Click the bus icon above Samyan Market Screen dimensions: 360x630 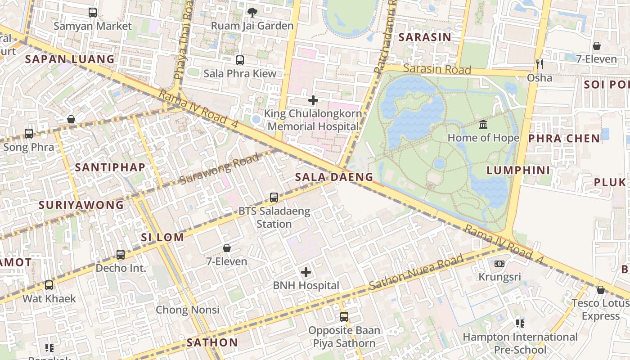pyautogui.click(x=93, y=12)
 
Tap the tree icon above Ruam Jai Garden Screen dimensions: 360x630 pyautogui.click(x=252, y=12)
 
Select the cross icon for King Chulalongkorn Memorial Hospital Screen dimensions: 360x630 pyautogui.click(x=313, y=100)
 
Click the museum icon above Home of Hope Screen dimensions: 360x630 pyautogui.click(x=483, y=124)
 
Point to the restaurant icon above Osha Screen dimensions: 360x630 pyautogui.click(x=540, y=64)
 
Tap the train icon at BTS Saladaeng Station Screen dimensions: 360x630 pyautogui.click(x=274, y=197)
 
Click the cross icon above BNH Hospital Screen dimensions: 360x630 pyautogui.click(x=306, y=272)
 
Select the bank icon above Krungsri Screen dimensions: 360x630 pyautogui.click(x=499, y=264)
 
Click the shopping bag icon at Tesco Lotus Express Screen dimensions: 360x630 pyautogui.click(x=600, y=290)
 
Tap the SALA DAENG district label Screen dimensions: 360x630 pyautogui.click(x=334, y=177)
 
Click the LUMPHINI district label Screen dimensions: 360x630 pyautogui.click(x=518, y=170)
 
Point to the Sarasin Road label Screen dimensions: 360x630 pyautogui.click(x=437, y=69)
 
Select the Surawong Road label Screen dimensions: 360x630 pyautogui.click(x=220, y=169)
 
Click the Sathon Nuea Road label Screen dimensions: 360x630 pyautogui.click(x=416, y=272)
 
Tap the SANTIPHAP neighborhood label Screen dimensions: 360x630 pyautogui.click(x=110, y=167)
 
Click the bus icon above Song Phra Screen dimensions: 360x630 pyautogui.click(x=29, y=133)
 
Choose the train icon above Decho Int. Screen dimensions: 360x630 pyautogui.click(x=121, y=255)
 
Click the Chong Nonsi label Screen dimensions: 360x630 pyautogui.click(x=188, y=310)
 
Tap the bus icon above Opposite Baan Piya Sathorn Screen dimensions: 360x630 pyautogui.click(x=344, y=317)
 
